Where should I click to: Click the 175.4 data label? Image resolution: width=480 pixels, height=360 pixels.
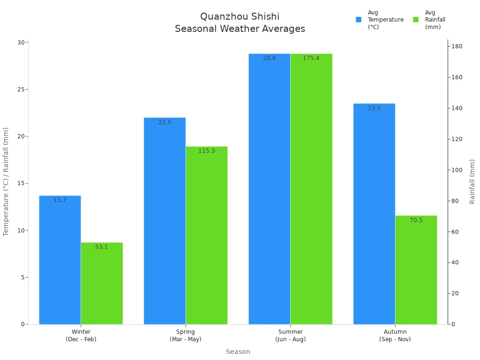pos(311,58)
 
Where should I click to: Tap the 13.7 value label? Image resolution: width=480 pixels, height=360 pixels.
pos(60,200)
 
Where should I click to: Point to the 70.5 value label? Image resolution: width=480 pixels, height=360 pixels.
pos(416,220)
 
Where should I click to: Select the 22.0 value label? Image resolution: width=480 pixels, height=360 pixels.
pos(165,122)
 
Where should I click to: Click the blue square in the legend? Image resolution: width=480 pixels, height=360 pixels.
pos(359,20)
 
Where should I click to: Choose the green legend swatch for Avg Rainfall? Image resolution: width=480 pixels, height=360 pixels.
pos(416,20)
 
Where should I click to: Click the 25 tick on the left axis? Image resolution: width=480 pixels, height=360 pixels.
pos(21,90)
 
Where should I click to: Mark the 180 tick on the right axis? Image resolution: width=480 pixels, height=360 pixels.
pos(456,46)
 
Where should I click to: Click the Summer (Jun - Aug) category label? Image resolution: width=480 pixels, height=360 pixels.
pos(290,336)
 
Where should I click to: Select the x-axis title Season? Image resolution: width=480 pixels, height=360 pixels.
pos(238,352)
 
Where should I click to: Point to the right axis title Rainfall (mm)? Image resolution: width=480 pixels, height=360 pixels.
pos(472,181)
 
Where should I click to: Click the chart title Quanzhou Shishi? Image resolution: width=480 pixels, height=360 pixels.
pos(240,17)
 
